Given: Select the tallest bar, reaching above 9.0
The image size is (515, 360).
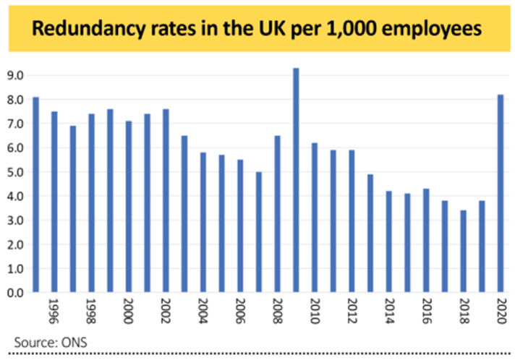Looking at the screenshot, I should pos(296,181).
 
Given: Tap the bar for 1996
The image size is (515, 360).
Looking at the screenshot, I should pos(54,202).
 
